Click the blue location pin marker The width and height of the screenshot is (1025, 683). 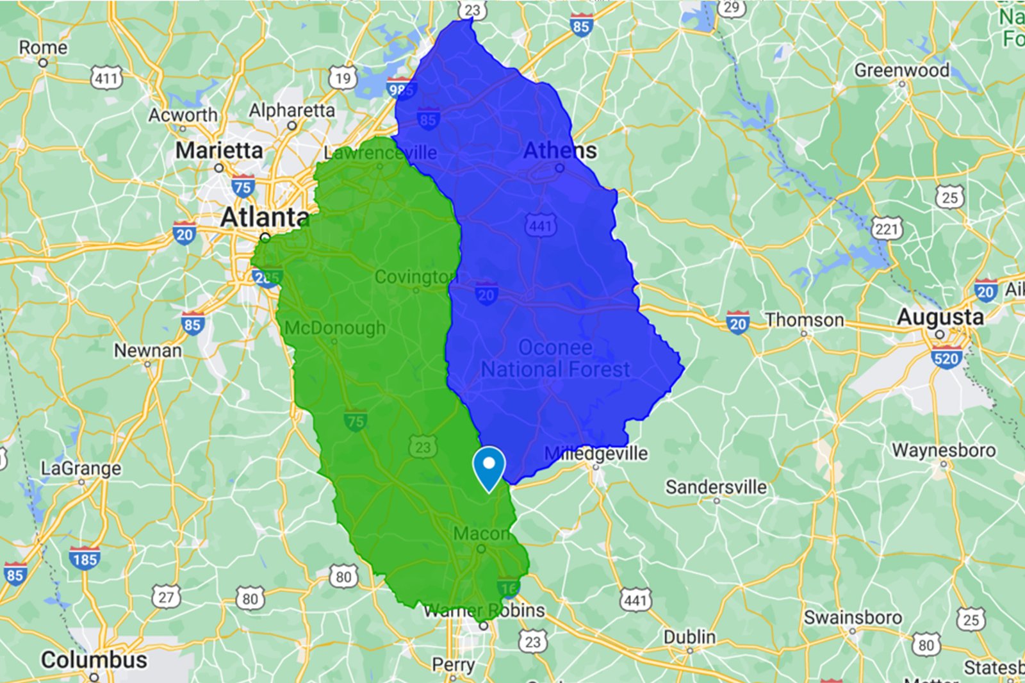(489, 466)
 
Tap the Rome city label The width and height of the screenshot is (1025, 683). (43, 48)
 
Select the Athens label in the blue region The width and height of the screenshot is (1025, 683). (560, 151)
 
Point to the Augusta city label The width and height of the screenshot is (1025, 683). (940, 317)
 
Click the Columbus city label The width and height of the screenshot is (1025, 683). (94, 660)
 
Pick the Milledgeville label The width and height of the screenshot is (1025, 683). (596, 454)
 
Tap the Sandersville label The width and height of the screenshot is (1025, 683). (716, 488)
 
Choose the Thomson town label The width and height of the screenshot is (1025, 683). (804, 320)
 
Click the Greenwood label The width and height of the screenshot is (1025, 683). (901, 70)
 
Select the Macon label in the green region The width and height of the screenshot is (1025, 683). (481, 534)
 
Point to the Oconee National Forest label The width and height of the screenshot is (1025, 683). (555, 359)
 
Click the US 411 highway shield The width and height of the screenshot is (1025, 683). (106, 79)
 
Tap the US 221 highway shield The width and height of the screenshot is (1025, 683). (887, 229)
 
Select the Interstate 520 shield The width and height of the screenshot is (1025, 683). (946, 359)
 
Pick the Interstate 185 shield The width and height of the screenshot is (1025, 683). (85, 559)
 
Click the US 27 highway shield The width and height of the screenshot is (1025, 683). (165, 598)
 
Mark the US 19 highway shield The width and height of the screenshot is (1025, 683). (343, 79)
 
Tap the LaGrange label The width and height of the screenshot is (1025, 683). (81, 469)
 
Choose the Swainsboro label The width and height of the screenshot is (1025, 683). (853, 618)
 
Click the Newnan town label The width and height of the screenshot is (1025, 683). (147, 351)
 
